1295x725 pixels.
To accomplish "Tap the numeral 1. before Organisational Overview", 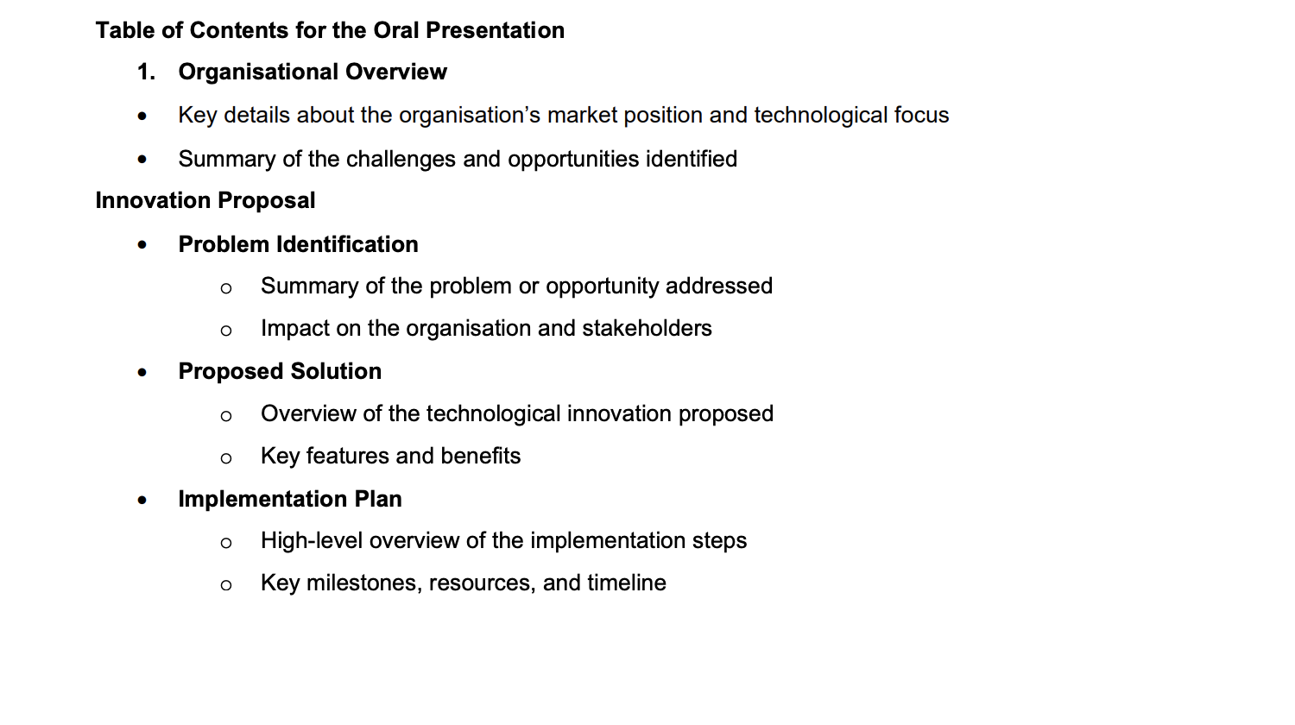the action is click(146, 72).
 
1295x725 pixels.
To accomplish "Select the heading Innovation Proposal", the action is click(205, 200).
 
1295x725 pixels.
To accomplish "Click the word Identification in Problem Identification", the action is click(347, 244).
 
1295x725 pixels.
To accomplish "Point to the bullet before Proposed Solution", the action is click(142, 372).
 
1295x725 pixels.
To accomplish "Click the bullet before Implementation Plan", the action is click(142, 500).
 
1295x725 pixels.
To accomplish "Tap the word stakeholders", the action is click(647, 328).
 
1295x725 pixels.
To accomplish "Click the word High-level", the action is click(312, 540).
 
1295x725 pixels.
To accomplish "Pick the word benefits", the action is click(480, 456).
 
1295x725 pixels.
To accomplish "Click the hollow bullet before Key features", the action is click(226, 458).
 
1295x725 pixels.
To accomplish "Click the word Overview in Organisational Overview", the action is click(396, 72).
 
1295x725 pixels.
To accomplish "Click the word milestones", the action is click(361, 583).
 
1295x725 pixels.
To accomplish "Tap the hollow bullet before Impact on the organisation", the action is click(226, 331).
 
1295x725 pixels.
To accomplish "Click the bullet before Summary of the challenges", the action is click(142, 160).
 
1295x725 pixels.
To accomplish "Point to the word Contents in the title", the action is click(239, 30).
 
